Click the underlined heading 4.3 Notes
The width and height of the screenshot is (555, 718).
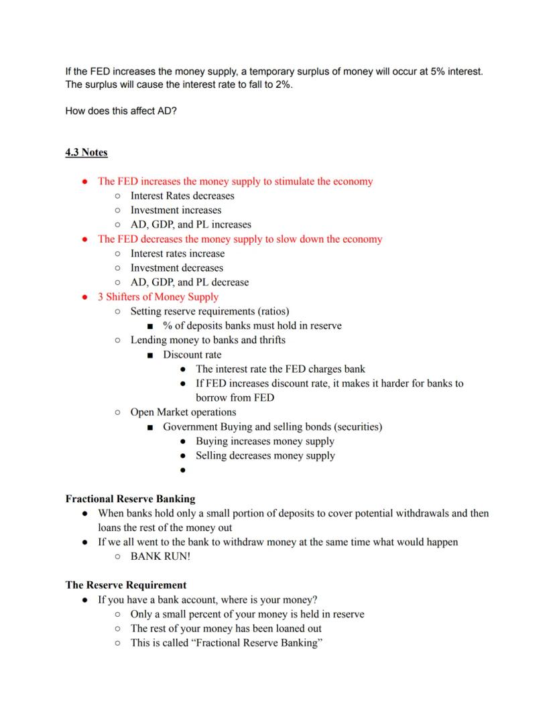pyautogui.click(x=86, y=152)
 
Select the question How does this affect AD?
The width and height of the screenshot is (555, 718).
pyautogui.click(x=121, y=111)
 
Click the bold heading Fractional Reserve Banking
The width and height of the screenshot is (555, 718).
pyautogui.click(x=130, y=499)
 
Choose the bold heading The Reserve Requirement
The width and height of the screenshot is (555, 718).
pyautogui.click(x=125, y=585)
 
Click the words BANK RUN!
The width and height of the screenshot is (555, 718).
pyautogui.click(x=160, y=556)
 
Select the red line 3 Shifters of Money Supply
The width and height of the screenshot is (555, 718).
pyautogui.click(x=158, y=297)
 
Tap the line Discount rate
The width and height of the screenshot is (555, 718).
pyautogui.click(x=192, y=355)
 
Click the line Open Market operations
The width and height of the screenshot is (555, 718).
pyautogui.click(x=183, y=412)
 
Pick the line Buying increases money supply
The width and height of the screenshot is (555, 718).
pyautogui.click(x=265, y=441)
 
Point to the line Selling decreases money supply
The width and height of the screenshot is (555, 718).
pyautogui.click(x=265, y=456)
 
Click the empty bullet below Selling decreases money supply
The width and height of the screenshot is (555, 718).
pyautogui.click(x=183, y=471)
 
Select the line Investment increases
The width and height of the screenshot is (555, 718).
pyautogui.click(x=176, y=211)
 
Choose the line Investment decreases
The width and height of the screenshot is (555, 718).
pyautogui.click(x=176, y=268)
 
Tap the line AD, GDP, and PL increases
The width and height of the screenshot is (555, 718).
pyautogui.click(x=190, y=225)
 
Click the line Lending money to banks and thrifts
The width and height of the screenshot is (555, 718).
pyautogui.click(x=208, y=340)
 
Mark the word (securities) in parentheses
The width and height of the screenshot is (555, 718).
pyautogui.click(x=358, y=426)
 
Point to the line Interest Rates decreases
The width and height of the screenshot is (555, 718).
pyautogui.click(x=182, y=196)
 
